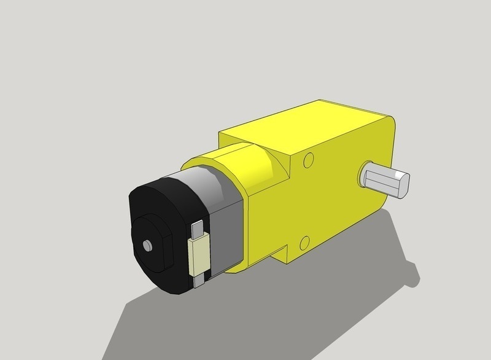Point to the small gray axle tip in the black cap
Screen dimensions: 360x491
point(147,245)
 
